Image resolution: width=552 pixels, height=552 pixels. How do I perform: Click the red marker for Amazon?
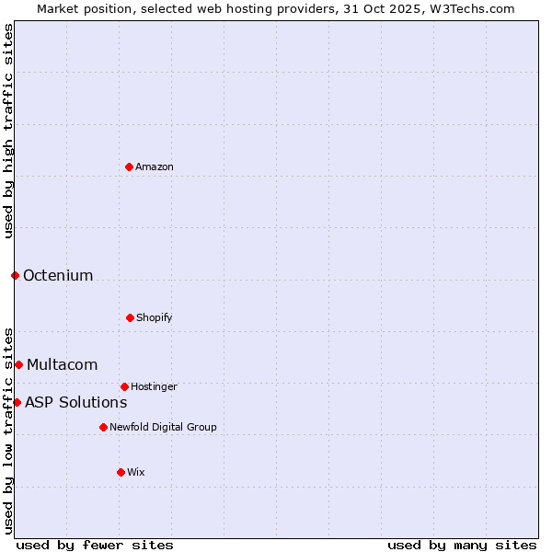[129, 167]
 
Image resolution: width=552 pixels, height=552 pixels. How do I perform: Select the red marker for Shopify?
[130, 317]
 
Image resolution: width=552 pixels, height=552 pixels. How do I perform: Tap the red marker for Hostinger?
[124, 386]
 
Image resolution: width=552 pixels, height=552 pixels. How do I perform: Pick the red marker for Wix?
[121, 472]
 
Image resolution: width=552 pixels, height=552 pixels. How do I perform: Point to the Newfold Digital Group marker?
[103, 427]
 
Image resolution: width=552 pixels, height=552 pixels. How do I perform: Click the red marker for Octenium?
[15, 275]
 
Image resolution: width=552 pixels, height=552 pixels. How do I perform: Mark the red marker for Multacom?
[18, 364]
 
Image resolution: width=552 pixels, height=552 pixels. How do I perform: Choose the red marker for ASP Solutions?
[17, 402]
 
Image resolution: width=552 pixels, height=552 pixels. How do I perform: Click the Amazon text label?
[155, 167]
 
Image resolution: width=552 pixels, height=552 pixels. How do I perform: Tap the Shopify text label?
[155, 317]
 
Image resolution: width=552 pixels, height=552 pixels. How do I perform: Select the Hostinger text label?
[154, 386]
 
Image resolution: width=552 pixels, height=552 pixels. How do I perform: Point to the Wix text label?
[136, 472]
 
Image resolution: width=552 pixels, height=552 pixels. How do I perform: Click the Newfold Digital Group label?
[164, 427]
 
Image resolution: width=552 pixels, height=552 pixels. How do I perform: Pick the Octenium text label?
[58, 275]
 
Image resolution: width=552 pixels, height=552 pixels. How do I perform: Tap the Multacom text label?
[62, 364]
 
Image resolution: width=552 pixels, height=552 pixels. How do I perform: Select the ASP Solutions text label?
[75, 402]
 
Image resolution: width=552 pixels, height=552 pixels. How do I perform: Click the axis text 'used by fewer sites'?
[95, 545]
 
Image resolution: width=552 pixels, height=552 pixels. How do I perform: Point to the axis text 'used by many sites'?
[462, 545]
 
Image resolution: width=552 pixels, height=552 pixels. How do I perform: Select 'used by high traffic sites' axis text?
[8, 131]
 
